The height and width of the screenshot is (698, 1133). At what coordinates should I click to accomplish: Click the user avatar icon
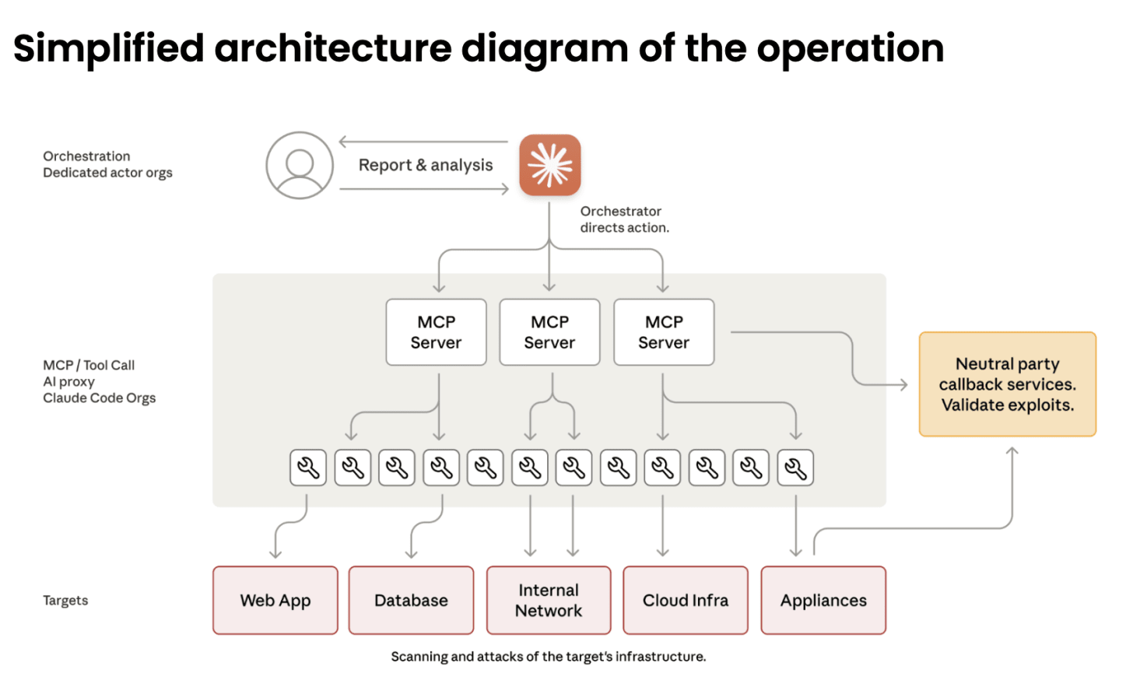tap(300, 165)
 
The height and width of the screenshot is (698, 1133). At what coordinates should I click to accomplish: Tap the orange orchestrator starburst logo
tap(550, 165)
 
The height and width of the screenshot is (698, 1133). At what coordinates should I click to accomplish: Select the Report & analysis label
tap(426, 165)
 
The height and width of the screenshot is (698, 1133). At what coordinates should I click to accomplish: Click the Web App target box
tap(275, 600)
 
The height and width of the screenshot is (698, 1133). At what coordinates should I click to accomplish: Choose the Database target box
tap(411, 600)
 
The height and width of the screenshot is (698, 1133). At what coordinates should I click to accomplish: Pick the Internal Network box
tap(549, 600)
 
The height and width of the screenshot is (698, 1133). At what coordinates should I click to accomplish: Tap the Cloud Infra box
tap(686, 600)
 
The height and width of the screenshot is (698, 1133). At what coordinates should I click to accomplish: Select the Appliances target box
tap(823, 600)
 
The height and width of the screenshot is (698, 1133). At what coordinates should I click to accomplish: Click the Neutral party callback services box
tap(1007, 384)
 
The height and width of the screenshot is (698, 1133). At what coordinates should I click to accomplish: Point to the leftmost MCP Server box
tap(436, 332)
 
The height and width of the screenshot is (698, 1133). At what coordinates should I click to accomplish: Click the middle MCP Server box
tap(549, 332)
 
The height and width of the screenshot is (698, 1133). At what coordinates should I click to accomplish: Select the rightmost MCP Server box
tap(664, 332)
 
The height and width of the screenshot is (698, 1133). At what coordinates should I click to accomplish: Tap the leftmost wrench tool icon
tap(308, 468)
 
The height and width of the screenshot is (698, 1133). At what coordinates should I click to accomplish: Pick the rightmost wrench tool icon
tap(795, 468)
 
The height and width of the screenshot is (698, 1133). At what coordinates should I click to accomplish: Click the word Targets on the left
tap(65, 600)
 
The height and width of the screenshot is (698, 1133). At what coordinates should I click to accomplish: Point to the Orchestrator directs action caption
tap(624, 219)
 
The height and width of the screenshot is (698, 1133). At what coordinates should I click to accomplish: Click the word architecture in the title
tap(332, 48)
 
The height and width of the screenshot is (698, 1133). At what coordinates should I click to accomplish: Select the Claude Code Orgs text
tap(99, 398)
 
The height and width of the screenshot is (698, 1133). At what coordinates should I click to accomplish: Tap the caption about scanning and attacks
tap(548, 657)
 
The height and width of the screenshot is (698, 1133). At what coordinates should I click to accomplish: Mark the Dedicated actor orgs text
tap(107, 173)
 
